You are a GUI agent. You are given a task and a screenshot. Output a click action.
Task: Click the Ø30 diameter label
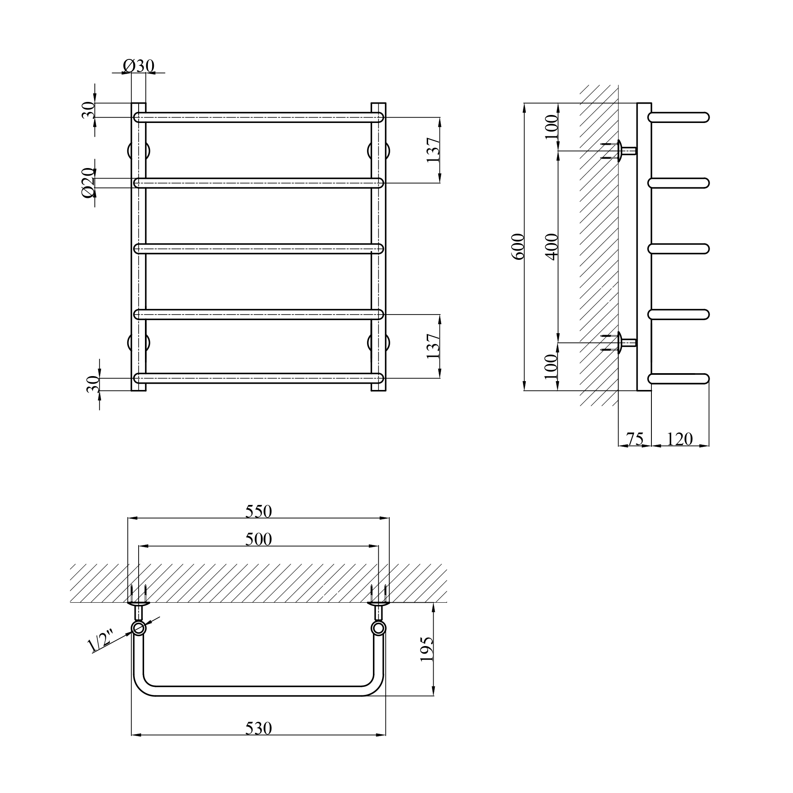(x=139, y=66)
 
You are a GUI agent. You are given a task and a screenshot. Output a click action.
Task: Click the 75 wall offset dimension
(x=635, y=439)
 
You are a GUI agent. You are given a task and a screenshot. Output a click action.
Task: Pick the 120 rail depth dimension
(x=680, y=439)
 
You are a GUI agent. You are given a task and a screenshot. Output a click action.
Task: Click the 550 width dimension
(x=259, y=511)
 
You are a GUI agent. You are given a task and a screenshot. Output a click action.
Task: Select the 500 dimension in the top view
(x=259, y=539)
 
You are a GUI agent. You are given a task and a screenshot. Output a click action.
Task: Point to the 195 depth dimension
(x=426, y=649)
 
